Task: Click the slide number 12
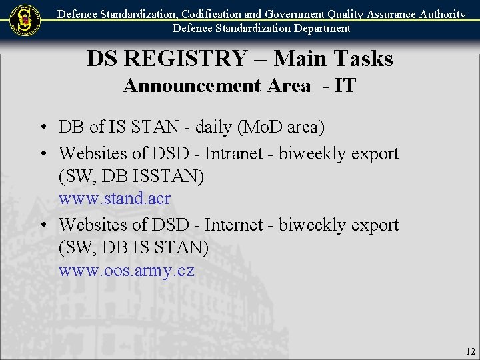[x=471, y=351]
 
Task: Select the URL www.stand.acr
[x=115, y=199]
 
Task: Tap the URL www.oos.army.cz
[x=127, y=271]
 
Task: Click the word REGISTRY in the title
[x=185, y=59]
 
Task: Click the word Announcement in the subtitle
[x=217, y=85]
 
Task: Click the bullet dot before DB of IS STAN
[x=42, y=127]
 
